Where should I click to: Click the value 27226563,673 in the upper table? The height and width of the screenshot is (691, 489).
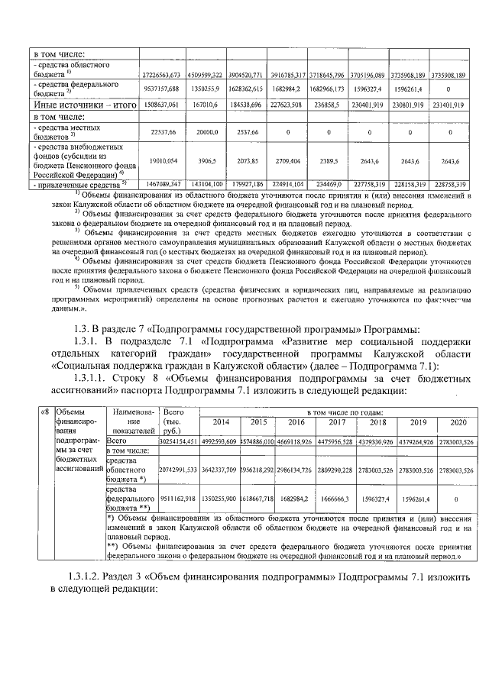click(x=160, y=74)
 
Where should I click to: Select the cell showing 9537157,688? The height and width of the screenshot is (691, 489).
click(x=160, y=88)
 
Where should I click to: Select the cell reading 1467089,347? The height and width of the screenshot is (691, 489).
click(x=160, y=184)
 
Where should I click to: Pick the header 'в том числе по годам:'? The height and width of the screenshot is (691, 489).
click(x=339, y=412)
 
